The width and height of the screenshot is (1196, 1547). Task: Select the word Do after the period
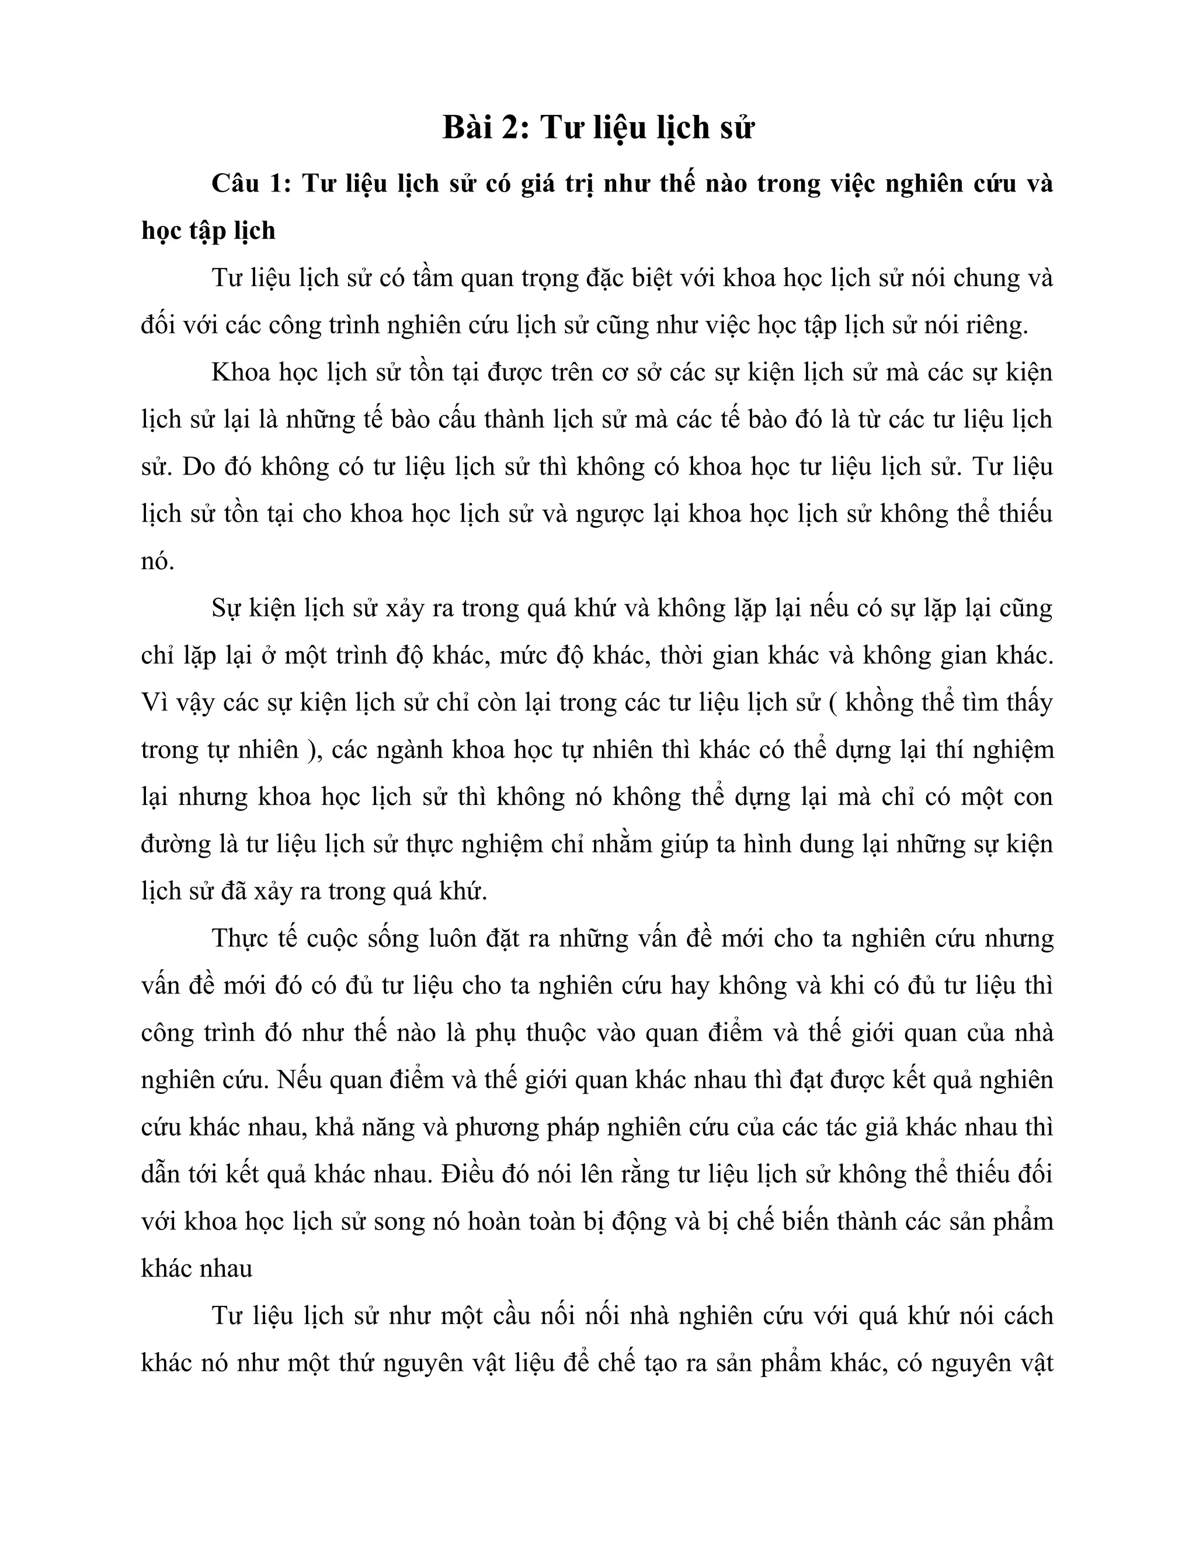199,468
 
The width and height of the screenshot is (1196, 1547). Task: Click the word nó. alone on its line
157,562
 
